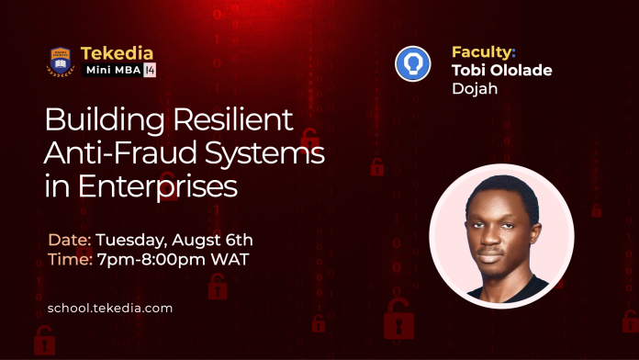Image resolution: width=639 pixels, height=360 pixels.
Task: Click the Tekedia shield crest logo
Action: coord(61,62)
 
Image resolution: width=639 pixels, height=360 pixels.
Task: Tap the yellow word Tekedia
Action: coord(117,53)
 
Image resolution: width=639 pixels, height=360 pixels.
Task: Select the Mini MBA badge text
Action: coord(114,70)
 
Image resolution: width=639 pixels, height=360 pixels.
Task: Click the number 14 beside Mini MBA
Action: coord(150,70)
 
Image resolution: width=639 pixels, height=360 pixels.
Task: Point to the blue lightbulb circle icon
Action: coord(413,64)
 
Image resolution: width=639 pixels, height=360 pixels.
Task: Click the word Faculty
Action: coord(482,52)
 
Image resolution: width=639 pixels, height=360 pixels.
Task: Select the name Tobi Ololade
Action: coord(501,70)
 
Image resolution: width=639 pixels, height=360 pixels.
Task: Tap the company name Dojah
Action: coord(475,88)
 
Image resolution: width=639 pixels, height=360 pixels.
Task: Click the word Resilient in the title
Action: coord(233,119)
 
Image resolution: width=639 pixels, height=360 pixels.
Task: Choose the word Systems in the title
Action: coord(264,153)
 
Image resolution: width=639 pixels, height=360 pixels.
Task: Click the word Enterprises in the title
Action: coord(157,186)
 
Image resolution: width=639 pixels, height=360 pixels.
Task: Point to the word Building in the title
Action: coord(105,121)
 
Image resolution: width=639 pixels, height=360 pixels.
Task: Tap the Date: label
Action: coord(69,240)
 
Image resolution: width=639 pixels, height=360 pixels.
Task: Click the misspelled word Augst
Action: coord(196,241)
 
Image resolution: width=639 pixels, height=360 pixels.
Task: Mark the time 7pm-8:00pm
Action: coord(151,260)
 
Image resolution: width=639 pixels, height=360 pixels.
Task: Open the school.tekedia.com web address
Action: coord(110,309)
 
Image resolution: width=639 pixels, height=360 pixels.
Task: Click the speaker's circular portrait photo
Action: coord(501,236)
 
